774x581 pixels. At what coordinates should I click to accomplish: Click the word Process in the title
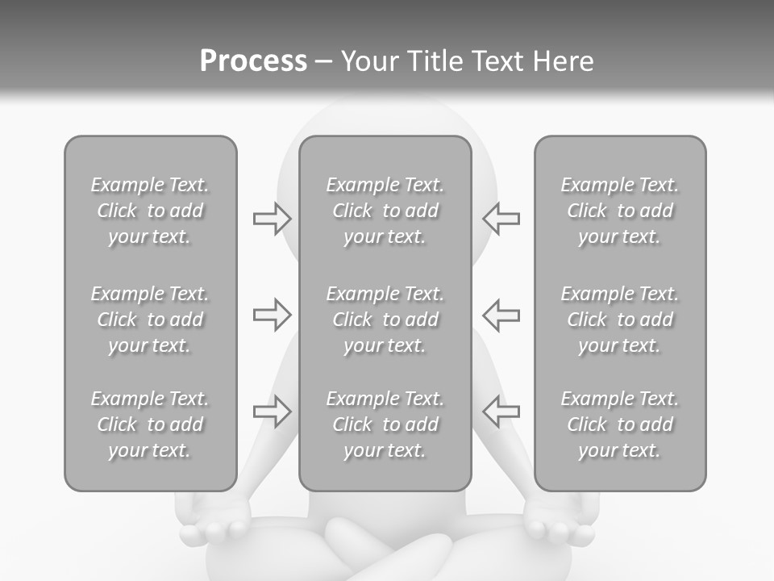pos(253,61)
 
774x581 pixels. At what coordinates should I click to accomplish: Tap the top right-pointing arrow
pos(273,218)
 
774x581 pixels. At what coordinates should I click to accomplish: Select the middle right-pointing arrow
pos(273,315)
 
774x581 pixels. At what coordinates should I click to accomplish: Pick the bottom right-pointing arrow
pos(273,412)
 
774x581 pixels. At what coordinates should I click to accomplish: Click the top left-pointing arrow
pos(501,218)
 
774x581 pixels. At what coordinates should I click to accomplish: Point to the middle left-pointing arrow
pos(501,315)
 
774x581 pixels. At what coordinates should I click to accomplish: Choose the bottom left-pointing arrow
pos(501,412)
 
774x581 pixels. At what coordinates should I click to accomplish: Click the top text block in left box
pos(150,211)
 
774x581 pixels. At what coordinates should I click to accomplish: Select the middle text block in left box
pos(150,320)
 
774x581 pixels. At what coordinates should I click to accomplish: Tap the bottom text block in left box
pos(150,424)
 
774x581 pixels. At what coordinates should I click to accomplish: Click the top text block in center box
pos(385,211)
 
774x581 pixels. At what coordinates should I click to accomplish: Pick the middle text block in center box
pos(385,320)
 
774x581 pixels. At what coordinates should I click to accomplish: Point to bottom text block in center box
pos(385,424)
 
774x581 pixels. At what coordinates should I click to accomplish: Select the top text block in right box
pos(619,211)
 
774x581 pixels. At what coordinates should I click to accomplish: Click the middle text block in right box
pos(619,320)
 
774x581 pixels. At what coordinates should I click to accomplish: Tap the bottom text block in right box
pos(619,424)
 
